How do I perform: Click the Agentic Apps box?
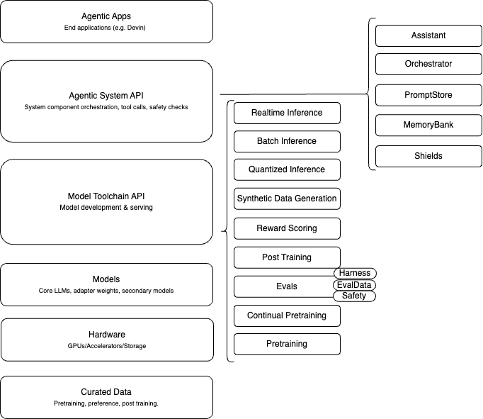click(x=106, y=21)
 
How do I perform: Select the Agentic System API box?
click(x=106, y=101)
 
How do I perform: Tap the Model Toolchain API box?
click(x=106, y=201)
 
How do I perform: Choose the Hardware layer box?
click(x=106, y=340)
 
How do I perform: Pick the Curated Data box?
click(x=106, y=396)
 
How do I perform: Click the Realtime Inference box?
click(x=287, y=113)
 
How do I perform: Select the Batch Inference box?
click(x=287, y=141)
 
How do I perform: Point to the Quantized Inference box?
click(x=287, y=169)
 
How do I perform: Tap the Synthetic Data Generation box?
click(x=287, y=199)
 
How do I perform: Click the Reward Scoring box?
click(x=287, y=228)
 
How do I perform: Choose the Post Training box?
click(x=287, y=257)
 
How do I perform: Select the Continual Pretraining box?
click(x=287, y=315)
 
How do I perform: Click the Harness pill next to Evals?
click(x=354, y=273)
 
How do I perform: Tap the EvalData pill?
click(x=354, y=284)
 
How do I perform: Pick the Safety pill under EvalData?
click(x=354, y=296)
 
